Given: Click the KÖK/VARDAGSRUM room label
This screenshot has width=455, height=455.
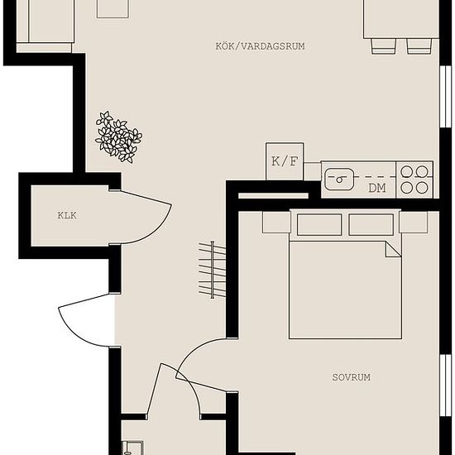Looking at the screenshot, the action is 260,46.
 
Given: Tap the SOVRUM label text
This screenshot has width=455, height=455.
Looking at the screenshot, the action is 351,377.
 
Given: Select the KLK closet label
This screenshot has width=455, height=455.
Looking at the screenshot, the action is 67,215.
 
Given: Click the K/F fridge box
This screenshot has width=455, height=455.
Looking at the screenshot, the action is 285,161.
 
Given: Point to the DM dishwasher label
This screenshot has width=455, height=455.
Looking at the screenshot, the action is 377,188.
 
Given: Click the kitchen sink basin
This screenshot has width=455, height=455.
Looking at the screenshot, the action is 339,180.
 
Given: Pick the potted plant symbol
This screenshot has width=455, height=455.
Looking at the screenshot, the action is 118,137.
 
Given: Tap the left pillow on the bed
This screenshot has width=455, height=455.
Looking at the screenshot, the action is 319,224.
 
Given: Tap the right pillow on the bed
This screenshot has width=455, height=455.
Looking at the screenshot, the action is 371,224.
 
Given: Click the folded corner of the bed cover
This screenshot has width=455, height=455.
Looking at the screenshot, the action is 393,249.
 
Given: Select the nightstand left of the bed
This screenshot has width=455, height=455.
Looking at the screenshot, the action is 276,222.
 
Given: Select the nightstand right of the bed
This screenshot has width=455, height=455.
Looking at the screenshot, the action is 413,222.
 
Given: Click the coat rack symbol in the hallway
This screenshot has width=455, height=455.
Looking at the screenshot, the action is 212,270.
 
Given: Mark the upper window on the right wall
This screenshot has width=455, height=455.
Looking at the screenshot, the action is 446,96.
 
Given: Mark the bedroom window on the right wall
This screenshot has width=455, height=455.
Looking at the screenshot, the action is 446,386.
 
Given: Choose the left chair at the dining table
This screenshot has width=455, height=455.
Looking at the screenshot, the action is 383,45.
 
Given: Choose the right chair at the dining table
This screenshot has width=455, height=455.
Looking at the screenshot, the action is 419,45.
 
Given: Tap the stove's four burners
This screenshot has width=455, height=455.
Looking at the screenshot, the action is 414,180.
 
